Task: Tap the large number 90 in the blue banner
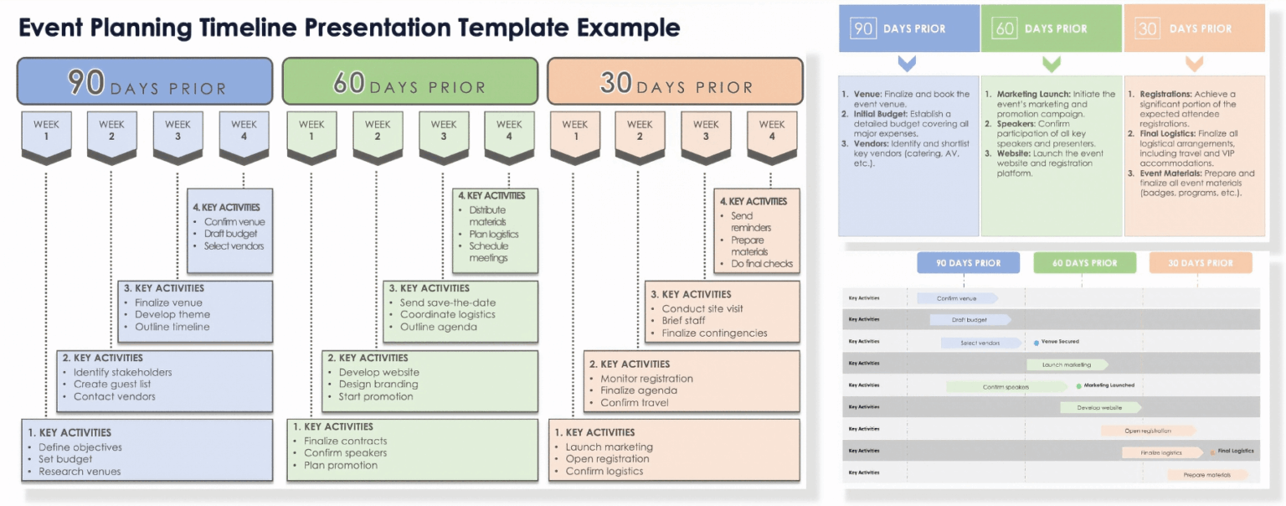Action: coord(86,82)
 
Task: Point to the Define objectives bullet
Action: coord(80,447)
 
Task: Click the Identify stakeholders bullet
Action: coord(122,373)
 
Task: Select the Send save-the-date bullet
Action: coord(448,302)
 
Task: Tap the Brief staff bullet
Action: coord(683,321)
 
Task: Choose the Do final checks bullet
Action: coord(761,264)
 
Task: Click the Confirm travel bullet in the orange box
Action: coord(634,403)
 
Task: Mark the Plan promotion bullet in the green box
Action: coord(340,465)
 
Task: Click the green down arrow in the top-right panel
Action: coord(1052,64)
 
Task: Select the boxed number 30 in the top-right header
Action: coord(1147,28)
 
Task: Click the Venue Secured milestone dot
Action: coord(1037,343)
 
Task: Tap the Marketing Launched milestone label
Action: coord(1109,385)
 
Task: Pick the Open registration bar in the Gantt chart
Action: coord(1147,431)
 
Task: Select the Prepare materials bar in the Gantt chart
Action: coord(1206,475)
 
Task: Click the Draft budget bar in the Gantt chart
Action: coord(969,320)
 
